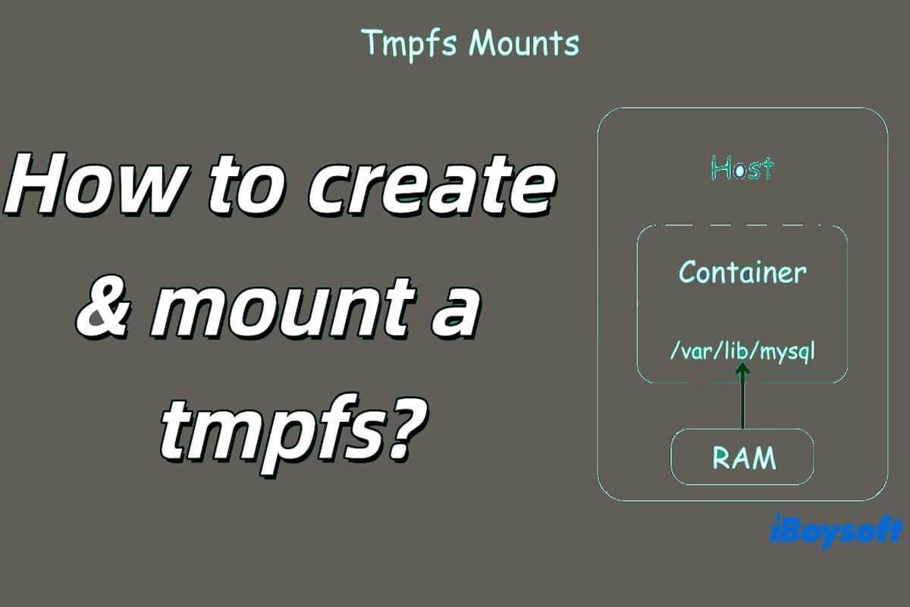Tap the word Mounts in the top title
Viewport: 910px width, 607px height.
click(x=523, y=43)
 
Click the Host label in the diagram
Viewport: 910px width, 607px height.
click(x=742, y=168)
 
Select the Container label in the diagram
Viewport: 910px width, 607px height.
click(x=742, y=272)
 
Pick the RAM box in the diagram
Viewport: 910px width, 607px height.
click(x=742, y=458)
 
